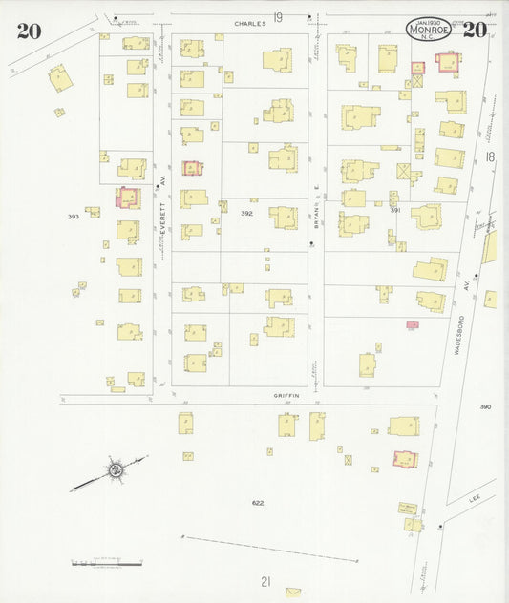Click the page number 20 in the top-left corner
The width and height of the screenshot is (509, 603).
29,30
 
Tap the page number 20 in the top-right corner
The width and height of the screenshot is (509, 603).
475,29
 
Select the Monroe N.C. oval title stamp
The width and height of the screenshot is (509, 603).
428,30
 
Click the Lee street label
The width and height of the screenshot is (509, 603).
475,498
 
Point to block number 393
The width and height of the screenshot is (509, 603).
74,217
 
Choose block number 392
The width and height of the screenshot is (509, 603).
247,214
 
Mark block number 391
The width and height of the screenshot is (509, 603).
394,210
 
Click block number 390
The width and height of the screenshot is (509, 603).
485,407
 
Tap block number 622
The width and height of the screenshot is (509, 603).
258,503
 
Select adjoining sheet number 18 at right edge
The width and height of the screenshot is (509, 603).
489,156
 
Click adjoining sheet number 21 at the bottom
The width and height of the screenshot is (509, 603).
265,580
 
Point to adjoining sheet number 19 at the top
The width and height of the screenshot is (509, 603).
278,17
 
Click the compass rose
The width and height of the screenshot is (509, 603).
115,469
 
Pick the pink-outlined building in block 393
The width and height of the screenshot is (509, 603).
126,198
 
